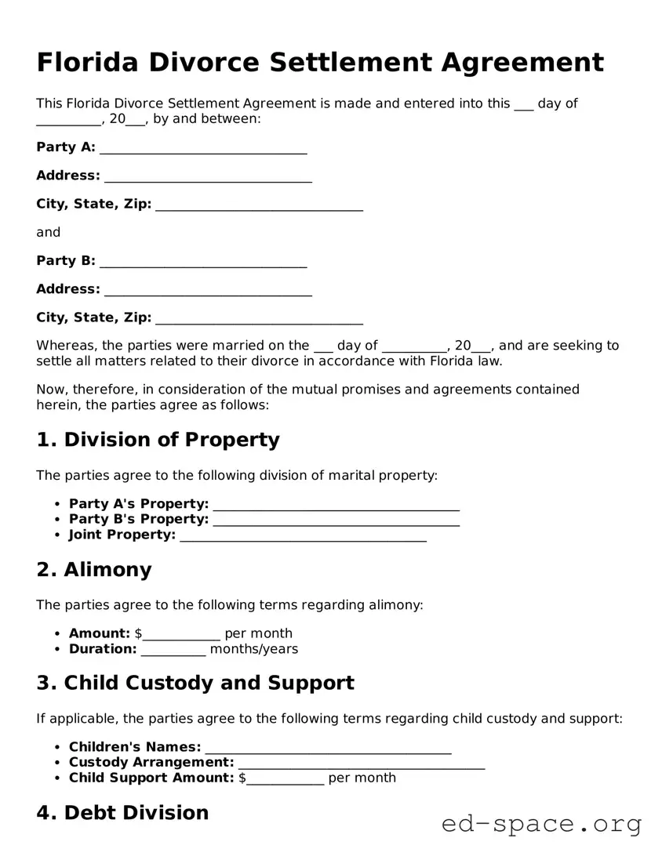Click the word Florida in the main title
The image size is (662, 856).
(x=90, y=62)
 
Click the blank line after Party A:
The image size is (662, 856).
(x=203, y=148)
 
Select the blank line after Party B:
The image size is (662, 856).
(x=203, y=262)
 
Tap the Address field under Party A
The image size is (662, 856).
(x=208, y=176)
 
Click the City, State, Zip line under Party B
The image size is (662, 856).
(x=259, y=318)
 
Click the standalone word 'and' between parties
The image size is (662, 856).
(x=48, y=232)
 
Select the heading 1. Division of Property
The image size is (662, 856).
(x=158, y=440)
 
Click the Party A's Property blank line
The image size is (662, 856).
(x=336, y=505)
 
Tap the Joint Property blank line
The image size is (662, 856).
(x=303, y=535)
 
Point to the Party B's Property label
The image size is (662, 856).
(x=139, y=519)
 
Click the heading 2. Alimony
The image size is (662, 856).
(x=94, y=570)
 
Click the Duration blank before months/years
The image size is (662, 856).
(x=173, y=650)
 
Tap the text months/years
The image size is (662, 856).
(x=254, y=649)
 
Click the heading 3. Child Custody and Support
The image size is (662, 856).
(x=195, y=683)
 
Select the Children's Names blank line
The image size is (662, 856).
(x=327, y=748)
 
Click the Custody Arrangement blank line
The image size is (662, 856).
(x=361, y=764)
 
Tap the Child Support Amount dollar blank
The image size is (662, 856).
(x=285, y=779)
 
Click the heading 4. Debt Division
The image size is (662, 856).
(x=122, y=813)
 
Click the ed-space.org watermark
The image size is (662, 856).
(x=541, y=824)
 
